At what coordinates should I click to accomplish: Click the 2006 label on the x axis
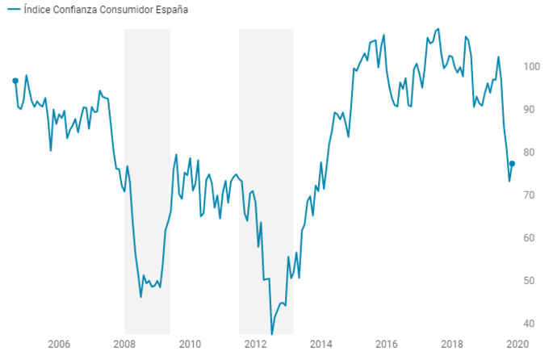tap(58, 345)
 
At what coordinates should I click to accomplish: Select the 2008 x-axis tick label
tap(124, 345)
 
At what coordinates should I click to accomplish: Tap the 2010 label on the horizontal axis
tap(190, 345)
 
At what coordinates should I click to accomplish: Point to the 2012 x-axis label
tap(255, 345)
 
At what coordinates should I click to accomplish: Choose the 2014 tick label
tap(321, 345)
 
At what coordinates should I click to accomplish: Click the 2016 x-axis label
tap(387, 345)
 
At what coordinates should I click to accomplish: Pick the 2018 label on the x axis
tap(452, 345)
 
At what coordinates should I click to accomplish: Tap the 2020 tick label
tap(518, 345)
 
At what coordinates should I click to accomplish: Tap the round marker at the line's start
tap(15, 81)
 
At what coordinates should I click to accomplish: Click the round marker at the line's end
tap(512, 164)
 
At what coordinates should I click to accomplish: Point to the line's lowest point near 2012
tap(272, 333)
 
